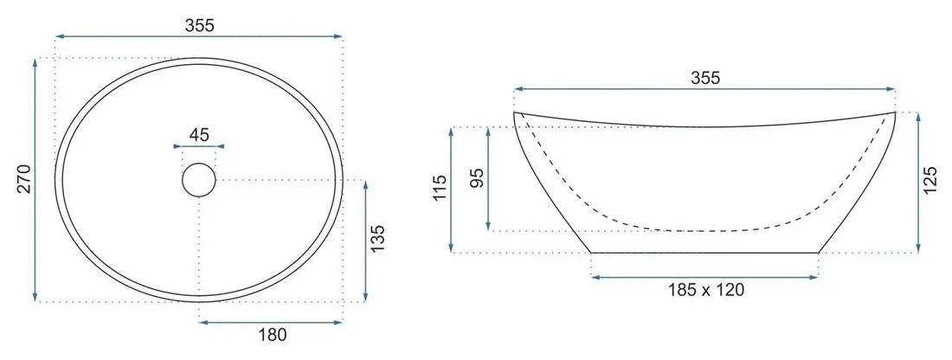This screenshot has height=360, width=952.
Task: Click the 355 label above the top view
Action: pyautogui.click(x=200, y=25)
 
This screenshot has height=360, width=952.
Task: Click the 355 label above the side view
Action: pyautogui.click(x=704, y=78)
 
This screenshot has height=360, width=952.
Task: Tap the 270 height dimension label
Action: pyautogui.click(x=23, y=178)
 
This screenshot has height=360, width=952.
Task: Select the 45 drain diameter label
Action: pyautogui.click(x=199, y=134)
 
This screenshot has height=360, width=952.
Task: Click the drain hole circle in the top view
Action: pyautogui.click(x=199, y=180)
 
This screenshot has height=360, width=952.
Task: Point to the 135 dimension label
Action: pyautogui.click(x=376, y=239)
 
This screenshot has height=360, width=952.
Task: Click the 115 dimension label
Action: pyautogui.click(x=441, y=188)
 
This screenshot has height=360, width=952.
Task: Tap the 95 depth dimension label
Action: pyautogui.click(x=477, y=178)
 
